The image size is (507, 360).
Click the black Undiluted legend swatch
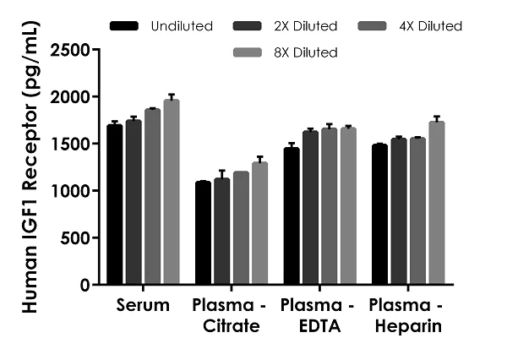(124, 26)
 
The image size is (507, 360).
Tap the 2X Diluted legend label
(313, 26)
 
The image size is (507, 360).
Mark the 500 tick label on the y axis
(76, 238)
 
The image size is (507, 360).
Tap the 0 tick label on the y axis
(85, 286)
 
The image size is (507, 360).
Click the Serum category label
(144, 304)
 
